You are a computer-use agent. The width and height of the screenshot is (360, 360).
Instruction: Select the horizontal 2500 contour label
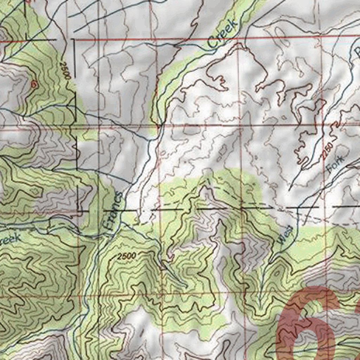click(x=127, y=256)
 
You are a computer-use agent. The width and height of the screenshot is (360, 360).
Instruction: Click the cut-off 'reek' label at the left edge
click(x=11, y=240)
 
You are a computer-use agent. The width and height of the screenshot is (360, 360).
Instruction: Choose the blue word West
click(x=285, y=234)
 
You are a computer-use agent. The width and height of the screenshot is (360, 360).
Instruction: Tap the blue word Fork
click(x=336, y=164)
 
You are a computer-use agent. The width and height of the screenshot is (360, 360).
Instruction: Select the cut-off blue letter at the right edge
click(x=357, y=53)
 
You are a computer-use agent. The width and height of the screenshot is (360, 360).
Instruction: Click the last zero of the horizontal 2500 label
click(x=135, y=256)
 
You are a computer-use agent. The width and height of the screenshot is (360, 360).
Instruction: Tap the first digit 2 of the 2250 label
click(x=323, y=157)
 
